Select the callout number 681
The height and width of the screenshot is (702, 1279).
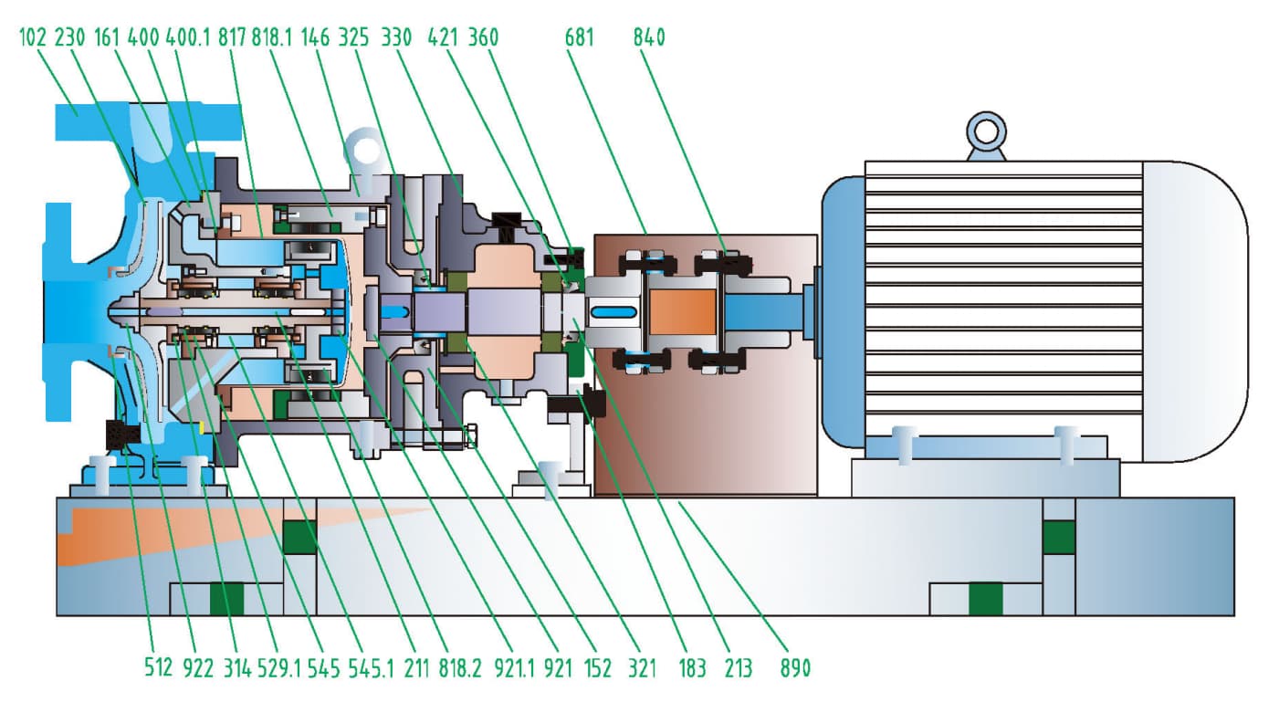[580, 37]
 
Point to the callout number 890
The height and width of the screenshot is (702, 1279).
[794, 668]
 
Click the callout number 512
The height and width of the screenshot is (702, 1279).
[157, 668]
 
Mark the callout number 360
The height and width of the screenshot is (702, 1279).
[483, 37]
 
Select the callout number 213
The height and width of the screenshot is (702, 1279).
[737, 668]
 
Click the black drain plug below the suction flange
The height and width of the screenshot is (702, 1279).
[120, 435]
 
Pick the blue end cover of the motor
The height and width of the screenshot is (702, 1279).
[841, 310]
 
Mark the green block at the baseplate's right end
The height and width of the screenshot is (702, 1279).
[1059, 537]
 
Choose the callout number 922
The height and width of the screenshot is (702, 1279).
[197, 668]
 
